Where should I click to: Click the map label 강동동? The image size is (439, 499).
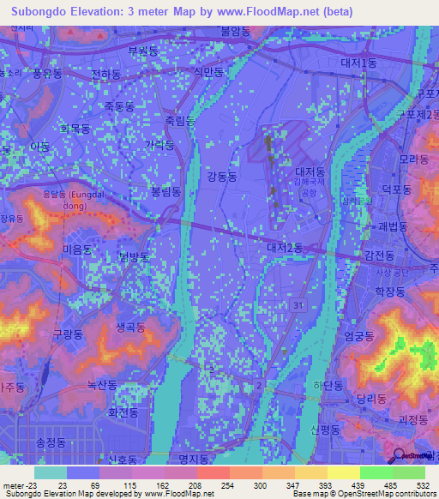coord(222,176)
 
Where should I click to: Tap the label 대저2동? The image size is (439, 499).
coord(284,248)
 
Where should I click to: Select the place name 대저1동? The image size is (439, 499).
coord(358,63)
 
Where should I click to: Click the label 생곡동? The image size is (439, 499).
coord(129,327)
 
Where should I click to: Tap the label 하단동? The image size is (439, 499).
coord(328,385)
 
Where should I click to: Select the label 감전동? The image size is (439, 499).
coord(378,256)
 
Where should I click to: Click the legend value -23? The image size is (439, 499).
coord(18,486)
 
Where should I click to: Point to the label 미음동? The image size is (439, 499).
coord(77,249)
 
